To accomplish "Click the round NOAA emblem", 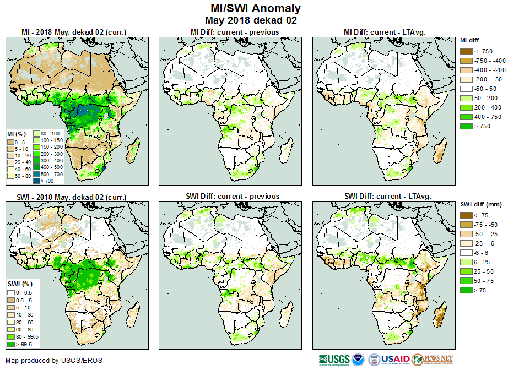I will click(x=359, y=360).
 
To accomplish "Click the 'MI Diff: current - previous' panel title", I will click(x=234, y=32).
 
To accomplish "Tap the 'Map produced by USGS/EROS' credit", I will click(x=54, y=361).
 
